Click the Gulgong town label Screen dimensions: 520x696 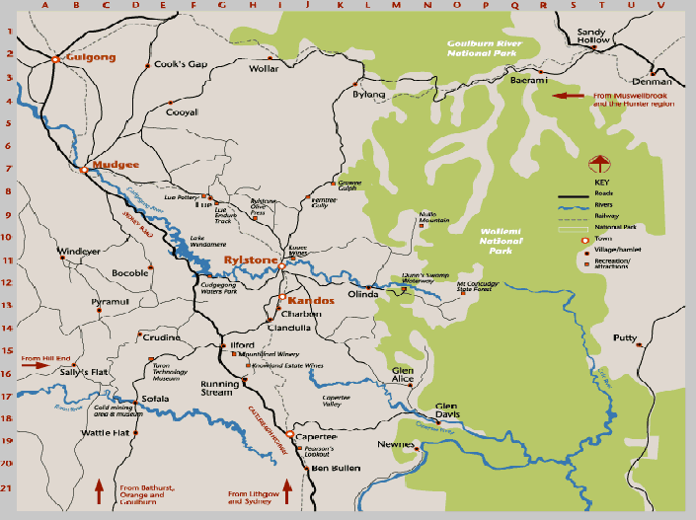(90, 57)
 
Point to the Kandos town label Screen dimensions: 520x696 (312, 299)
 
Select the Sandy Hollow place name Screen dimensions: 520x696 (595, 37)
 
